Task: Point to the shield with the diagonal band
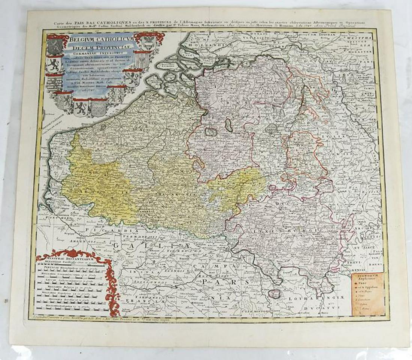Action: (x=131, y=79)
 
